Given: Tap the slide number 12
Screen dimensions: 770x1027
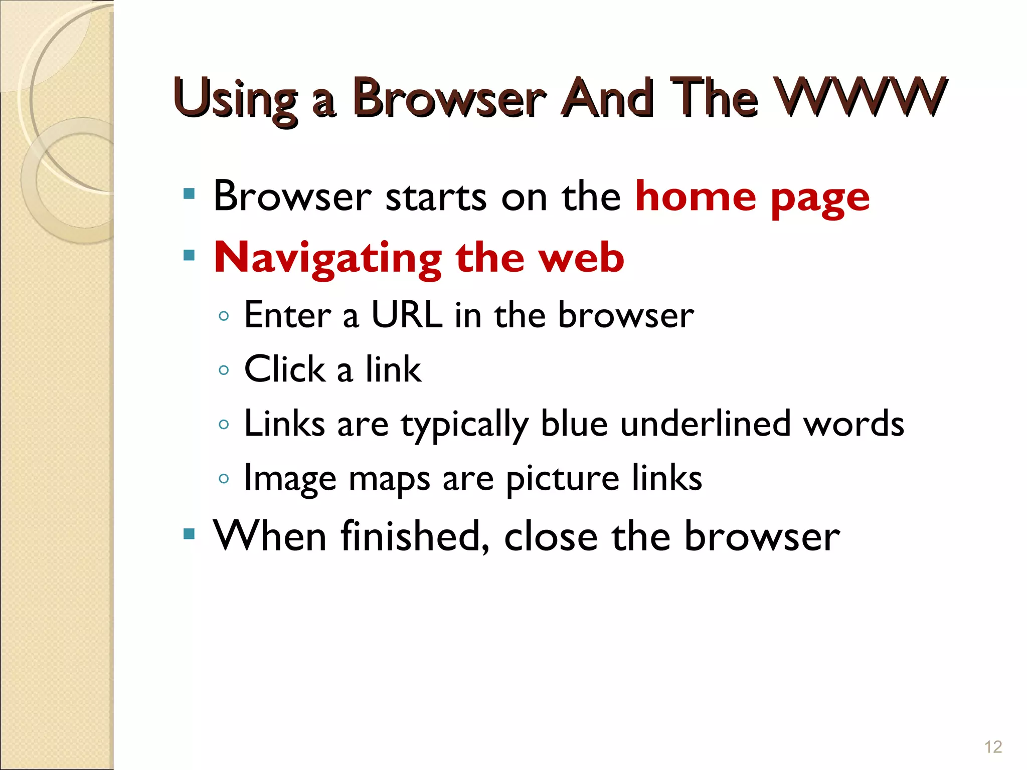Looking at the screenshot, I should point(993,747).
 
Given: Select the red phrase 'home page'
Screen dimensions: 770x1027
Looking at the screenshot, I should point(752,197).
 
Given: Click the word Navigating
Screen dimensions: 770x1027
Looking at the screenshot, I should point(327,258).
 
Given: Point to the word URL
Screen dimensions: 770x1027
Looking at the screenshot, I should point(407,315).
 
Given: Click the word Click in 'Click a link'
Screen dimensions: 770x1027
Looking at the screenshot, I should point(285,369).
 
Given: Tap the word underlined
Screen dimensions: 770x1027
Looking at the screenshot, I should point(705,424).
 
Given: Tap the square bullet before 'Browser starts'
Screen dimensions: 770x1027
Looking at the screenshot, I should point(189,194).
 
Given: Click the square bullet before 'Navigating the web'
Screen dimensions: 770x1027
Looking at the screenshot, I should point(189,256).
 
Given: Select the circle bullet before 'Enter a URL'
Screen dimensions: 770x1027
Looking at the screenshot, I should point(224,316).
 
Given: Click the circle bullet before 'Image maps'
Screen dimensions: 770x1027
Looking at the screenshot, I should point(224,479).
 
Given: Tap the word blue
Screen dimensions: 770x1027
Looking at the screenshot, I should point(575,424).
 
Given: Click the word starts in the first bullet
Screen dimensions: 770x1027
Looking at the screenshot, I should point(436,197).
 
